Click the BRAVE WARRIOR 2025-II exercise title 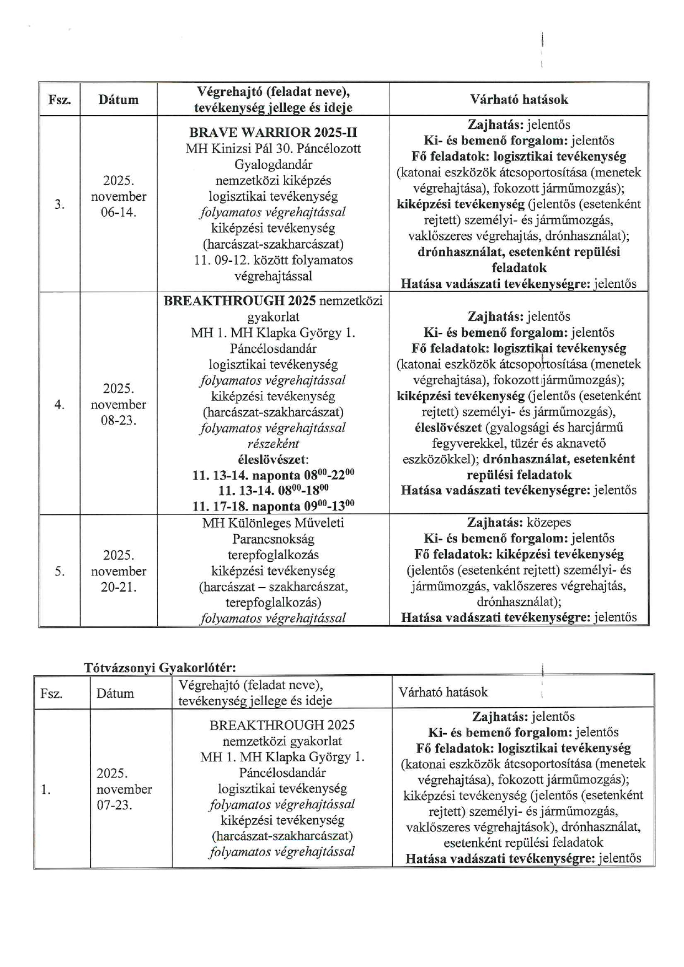(273, 133)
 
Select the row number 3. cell (60, 205)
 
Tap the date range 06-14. (118, 212)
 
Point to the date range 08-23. (118, 420)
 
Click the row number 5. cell (60, 571)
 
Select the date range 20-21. (118, 587)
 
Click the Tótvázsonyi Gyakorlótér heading (160, 668)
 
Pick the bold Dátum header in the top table (118, 100)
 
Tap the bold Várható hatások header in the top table (519, 99)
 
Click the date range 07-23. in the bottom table (114, 805)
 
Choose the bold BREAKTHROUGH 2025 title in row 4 (240, 300)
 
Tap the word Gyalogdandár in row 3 (273, 165)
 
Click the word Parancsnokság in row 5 (273, 539)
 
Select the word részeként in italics (273, 444)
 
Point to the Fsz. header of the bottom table (51, 693)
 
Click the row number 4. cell (60, 405)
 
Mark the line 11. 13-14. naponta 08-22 (273, 475)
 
